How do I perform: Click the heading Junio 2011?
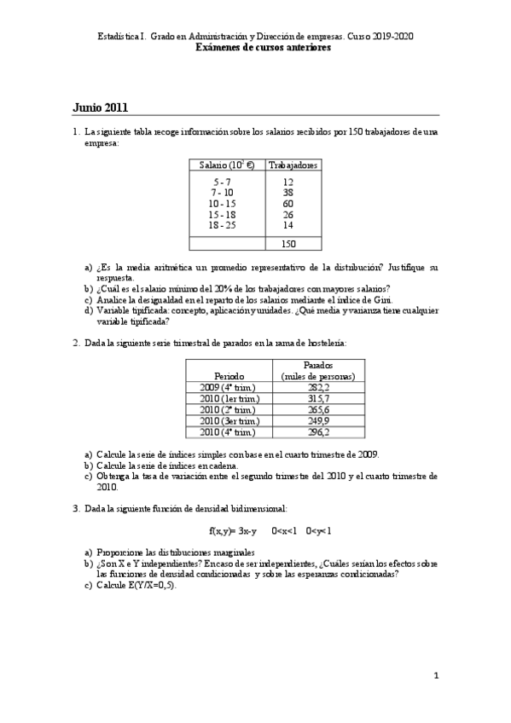[x=101, y=107]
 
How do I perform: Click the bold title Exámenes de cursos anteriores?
[x=264, y=49]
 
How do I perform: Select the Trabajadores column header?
[x=293, y=165]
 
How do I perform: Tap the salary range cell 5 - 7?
[x=223, y=182]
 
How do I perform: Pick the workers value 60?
[x=287, y=204]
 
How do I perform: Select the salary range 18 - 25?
[x=223, y=226]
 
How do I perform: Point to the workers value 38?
[x=287, y=193]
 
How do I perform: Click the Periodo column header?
[x=229, y=376]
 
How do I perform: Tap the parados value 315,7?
[x=317, y=398]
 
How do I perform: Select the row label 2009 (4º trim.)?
[x=229, y=387]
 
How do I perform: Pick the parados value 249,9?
[x=317, y=420]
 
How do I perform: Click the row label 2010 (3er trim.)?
[x=229, y=420]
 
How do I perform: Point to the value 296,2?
[x=317, y=432]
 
